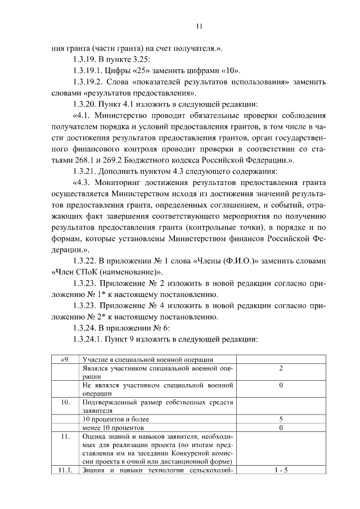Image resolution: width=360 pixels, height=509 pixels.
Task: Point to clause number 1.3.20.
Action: pos(85,104)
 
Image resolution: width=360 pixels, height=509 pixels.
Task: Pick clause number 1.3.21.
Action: pos(85,171)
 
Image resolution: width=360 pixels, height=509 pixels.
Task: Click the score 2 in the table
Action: pos(281,368)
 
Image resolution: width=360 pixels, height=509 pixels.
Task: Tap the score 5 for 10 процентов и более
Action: pos(281,419)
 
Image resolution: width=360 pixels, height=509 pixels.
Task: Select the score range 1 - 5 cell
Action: pos(281,470)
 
